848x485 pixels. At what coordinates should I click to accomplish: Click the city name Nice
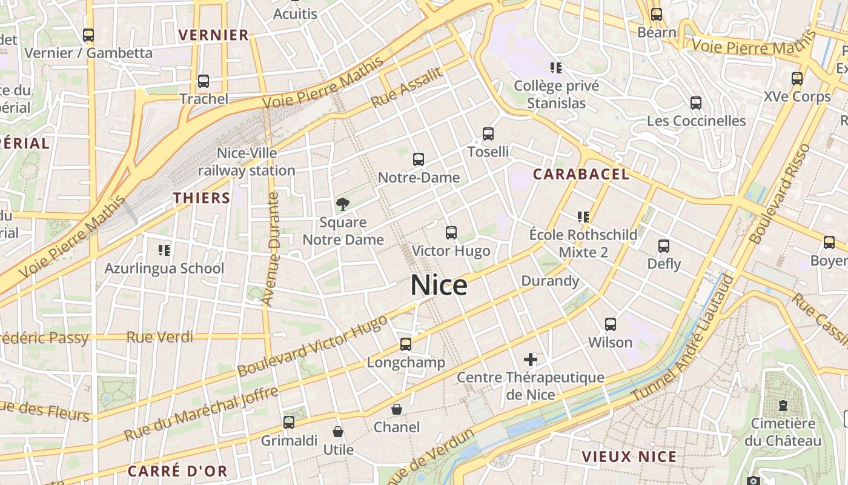click(439, 285)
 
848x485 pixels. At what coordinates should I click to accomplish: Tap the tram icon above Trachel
click(204, 81)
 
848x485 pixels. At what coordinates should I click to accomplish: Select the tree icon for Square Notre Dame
click(343, 204)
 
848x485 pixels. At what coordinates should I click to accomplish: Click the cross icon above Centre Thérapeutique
click(531, 360)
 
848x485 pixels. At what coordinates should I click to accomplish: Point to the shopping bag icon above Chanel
click(397, 409)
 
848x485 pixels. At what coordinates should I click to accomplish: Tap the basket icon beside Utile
click(338, 432)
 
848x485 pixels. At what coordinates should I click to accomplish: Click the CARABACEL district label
click(581, 175)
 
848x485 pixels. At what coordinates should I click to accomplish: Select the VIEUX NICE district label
click(629, 457)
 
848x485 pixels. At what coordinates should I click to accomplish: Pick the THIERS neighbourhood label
click(202, 198)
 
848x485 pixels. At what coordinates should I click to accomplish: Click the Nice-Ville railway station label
click(247, 162)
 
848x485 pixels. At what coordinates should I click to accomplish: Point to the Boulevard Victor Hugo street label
click(312, 345)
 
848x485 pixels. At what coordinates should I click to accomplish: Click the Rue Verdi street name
click(160, 337)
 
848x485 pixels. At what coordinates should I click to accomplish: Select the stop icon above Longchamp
click(406, 344)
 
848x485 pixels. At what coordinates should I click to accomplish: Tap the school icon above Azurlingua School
click(164, 250)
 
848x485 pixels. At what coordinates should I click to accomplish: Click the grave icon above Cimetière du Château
click(783, 405)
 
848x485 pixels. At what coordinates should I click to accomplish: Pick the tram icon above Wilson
click(611, 324)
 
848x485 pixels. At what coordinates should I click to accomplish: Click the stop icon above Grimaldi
click(289, 423)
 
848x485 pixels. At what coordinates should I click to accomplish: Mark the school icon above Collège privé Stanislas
click(555, 67)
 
